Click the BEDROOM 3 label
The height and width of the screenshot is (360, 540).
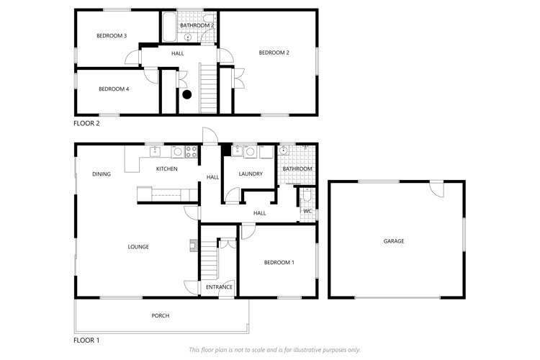pos(112,36)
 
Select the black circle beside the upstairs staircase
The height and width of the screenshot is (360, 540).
pos(187,94)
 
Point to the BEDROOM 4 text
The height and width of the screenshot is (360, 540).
pos(114,89)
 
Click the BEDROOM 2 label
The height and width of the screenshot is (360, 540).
pos(274,53)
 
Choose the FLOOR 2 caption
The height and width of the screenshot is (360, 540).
pos(90,123)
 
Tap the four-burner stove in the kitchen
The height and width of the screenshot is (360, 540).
pos(192,151)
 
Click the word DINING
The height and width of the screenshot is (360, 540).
pos(101,174)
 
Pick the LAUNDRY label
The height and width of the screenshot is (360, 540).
pos(250,174)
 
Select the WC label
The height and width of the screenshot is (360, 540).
pos(307,211)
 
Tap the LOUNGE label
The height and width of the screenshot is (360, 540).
pos(138,247)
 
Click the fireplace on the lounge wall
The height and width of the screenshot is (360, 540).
pos(193,244)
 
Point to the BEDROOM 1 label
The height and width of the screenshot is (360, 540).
pos(279,263)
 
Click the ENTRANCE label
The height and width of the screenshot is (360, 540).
pos(219,287)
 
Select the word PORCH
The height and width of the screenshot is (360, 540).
pos(161,316)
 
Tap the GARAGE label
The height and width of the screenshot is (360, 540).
pos(394,241)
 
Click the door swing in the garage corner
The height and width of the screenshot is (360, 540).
pos(436,189)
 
